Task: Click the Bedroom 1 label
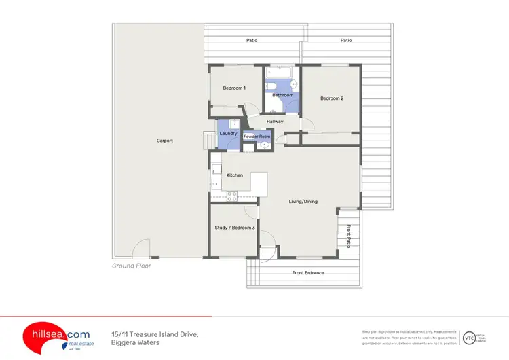click(x=234, y=88)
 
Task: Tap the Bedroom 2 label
click(x=332, y=98)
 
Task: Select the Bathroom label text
click(x=282, y=95)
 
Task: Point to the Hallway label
click(x=275, y=122)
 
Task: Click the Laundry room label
click(x=229, y=133)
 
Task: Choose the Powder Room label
click(x=257, y=137)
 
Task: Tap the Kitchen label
click(x=235, y=175)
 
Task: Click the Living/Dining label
click(x=303, y=201)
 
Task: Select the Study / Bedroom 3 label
click(x=235, y=228)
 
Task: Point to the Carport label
click(x=165, y=141)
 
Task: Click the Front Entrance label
click(x=308, y=273)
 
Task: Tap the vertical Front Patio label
click(x=349, y=236)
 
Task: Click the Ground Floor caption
click(x=132, y=266)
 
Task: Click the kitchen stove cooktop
click(x=231, y=195)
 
